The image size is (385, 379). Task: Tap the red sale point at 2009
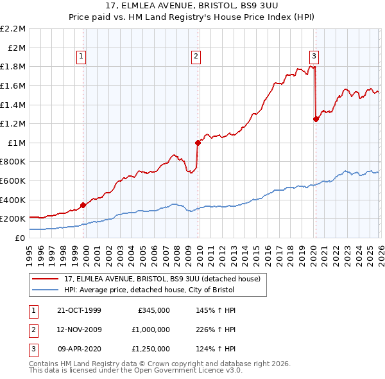pos(198,143)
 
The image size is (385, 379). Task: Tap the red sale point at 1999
pos(83,205)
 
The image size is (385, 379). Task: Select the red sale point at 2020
pos(316,119)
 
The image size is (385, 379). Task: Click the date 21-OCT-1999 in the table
pos(80,310)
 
